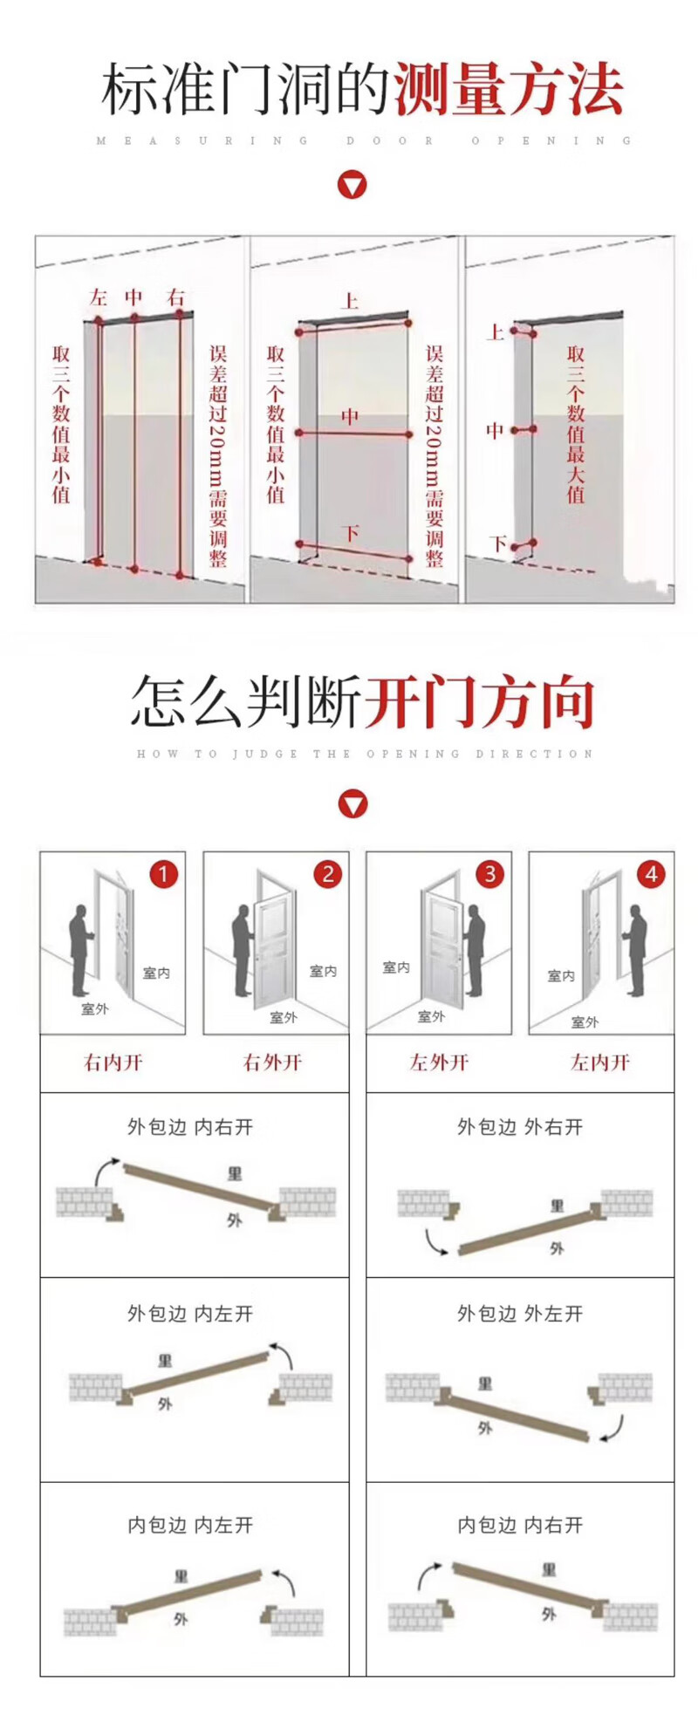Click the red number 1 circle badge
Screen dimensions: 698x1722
pos(163,873)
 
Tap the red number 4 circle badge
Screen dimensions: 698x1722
pos(651,873)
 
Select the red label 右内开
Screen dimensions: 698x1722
pos(113,1063)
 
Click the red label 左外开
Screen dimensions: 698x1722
pos(439,1063)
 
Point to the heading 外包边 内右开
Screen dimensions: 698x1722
pos(190,1127)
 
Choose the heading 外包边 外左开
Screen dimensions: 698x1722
pos(520,1314)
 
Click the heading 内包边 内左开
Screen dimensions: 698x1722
pos(190,1525)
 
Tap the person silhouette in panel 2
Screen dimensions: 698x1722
pos(242,951)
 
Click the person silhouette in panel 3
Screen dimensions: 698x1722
pos(474,951)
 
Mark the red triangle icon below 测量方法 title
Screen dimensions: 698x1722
pos(352,185)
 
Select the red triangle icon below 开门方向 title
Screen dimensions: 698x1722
pos(352,803)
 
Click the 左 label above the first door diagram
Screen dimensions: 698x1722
pos(98,297)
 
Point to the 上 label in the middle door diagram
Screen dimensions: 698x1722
pos(350,302)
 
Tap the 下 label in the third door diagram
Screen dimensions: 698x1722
pos(498,543)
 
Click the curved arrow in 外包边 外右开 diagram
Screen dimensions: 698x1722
pos(435,1242)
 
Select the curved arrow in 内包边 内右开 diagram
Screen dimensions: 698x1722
pos(428,1575)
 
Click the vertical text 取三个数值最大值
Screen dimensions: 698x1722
pos(576,424)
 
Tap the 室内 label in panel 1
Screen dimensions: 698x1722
pos(156,973)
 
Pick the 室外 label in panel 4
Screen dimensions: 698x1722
pos(585,1022)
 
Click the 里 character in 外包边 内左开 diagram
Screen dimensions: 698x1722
pos(165,1361)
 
